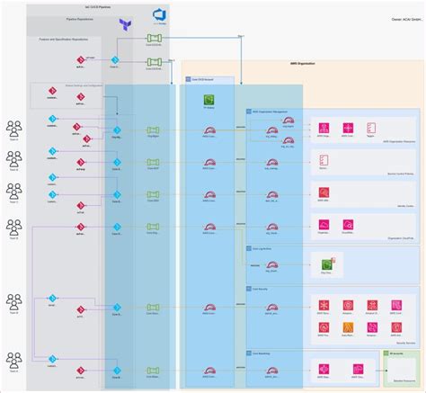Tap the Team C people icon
[14, 192]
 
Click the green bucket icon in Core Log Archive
[326, 265]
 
